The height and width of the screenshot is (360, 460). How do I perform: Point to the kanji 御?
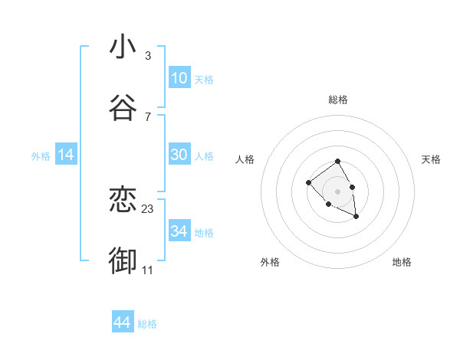click(x=123, y=261)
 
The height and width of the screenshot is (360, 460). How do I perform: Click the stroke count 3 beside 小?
click(x=147, y=56)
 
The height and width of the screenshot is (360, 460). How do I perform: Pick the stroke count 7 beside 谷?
click(x=147, y=117)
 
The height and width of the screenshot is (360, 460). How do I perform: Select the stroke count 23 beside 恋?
click(x=148, y=208)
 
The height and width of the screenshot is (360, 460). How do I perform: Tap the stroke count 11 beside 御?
click(x=148, y=270)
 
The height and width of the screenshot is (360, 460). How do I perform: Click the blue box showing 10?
click(x=179, y=78)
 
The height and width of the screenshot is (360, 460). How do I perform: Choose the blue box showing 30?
click(x=179, y=155)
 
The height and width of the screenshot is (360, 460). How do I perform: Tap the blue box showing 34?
click(x=179, y=231)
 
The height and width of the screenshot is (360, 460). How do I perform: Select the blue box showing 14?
click(x=66, y=155)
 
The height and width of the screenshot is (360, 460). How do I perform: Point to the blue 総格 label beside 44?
click(x=147, y=324)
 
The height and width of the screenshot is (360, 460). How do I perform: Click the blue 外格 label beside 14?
click(x=41, y=156)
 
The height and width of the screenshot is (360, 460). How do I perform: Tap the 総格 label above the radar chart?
click(x=338, y=100)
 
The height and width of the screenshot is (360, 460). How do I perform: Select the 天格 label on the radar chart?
click(x=431, y=159)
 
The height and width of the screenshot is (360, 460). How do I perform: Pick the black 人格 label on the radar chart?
click(x=245, y=159)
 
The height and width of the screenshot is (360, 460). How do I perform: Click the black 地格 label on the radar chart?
click(x=402, y=262)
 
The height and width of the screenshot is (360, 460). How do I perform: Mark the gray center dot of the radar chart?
click(x=338, y=191)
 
